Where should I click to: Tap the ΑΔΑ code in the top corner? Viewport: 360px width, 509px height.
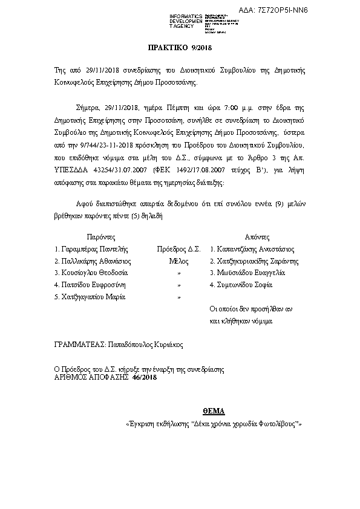point(322,10)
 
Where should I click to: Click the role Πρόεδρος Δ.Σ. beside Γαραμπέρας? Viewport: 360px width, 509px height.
point(178,248)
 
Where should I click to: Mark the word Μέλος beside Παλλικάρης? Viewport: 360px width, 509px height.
point(178,261)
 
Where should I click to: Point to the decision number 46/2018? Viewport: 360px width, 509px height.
point(145,377)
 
